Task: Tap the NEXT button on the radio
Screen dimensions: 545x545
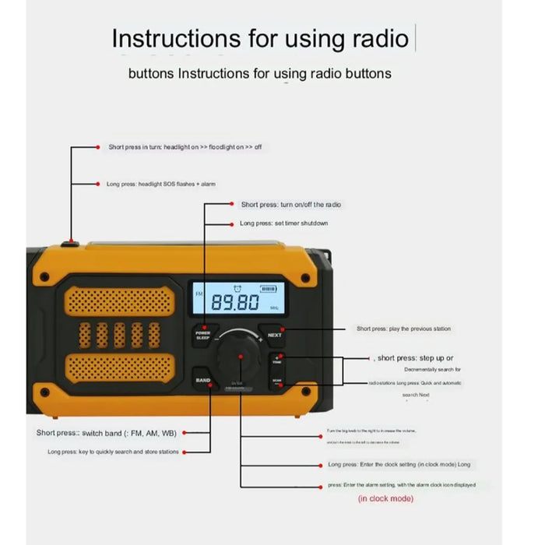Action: (x=274, y=336)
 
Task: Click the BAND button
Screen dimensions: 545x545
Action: (x=202, y=380)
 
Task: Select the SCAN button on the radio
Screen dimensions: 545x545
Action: (x=276, y=382)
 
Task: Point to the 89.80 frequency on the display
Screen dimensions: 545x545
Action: (x=236, y=303)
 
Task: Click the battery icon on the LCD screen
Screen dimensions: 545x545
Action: (x=268, y=288)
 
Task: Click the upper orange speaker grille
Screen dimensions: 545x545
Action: (x=118, y=300)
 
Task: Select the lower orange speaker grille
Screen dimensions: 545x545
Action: (x=118, y=367)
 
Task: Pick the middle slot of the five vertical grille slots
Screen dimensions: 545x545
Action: (x=119, y=334)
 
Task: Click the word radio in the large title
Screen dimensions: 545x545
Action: (x=372, y=38)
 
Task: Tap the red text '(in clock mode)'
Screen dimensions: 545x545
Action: (x=385, y=498)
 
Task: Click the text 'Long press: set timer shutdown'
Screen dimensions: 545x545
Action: (x=283, y=223)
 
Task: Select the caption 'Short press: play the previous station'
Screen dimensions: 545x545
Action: (x=403, y=329)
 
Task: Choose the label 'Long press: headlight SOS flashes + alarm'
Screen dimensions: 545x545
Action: (x=160, y=184)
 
